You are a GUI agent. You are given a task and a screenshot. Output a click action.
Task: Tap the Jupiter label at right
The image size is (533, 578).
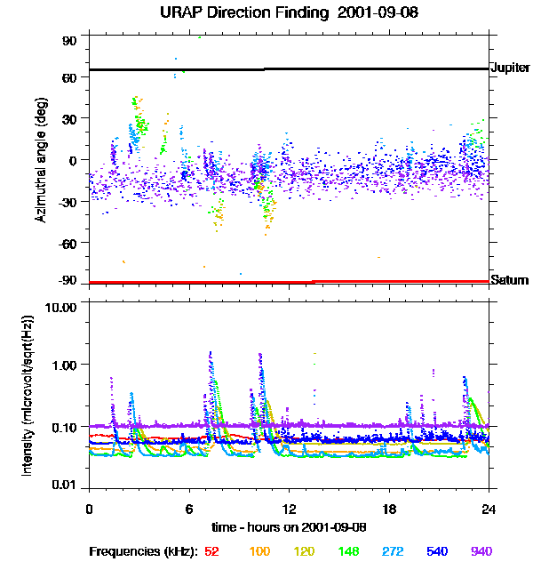[509, 68]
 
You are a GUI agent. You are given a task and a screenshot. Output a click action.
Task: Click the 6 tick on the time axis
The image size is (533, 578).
[189, 508]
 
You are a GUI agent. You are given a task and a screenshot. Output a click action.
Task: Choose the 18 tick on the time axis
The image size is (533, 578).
[388, 508]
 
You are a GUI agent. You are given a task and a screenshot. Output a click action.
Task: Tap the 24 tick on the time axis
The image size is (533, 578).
[489, 508]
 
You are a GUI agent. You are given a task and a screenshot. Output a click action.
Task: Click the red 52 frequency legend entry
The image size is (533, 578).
[211, 552]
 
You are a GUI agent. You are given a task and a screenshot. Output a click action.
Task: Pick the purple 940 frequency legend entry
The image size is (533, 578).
[481, 552]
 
